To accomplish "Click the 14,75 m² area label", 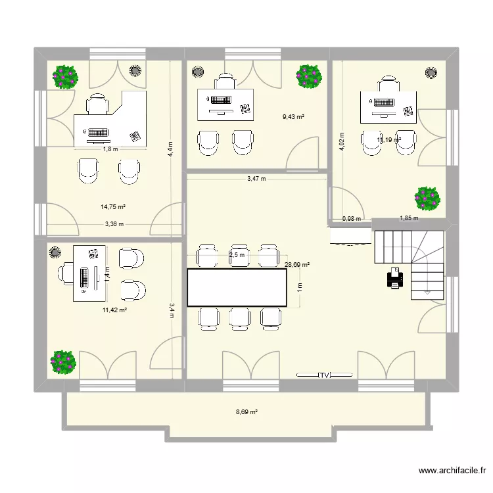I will click(x=113, y=206).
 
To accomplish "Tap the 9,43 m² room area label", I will click(x=293, y=117).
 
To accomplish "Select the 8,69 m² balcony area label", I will click(x=246, y=413).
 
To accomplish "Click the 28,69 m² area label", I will click(x=297, y=265).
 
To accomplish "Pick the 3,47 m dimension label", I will click(x=256, y=178).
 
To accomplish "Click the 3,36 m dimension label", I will click(x=114, y=224).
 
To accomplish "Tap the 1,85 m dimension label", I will click(x=410, y=219).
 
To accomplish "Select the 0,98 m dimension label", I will click(x=352, y=219).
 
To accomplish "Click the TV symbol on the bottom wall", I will click(x=323, y=375).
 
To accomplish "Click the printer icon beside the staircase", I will click(x=395, y=278).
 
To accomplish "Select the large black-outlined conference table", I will click(x=237, y=287).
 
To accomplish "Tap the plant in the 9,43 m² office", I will click(x=308, y=76).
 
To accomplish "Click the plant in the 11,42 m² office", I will click(x=64, y=361).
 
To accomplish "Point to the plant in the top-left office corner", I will click(x=66, y=76).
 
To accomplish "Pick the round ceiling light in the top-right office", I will click(x=432, y=71).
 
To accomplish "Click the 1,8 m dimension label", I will click(x=110, y=149).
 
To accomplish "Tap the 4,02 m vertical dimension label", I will click(x=341, y=143).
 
